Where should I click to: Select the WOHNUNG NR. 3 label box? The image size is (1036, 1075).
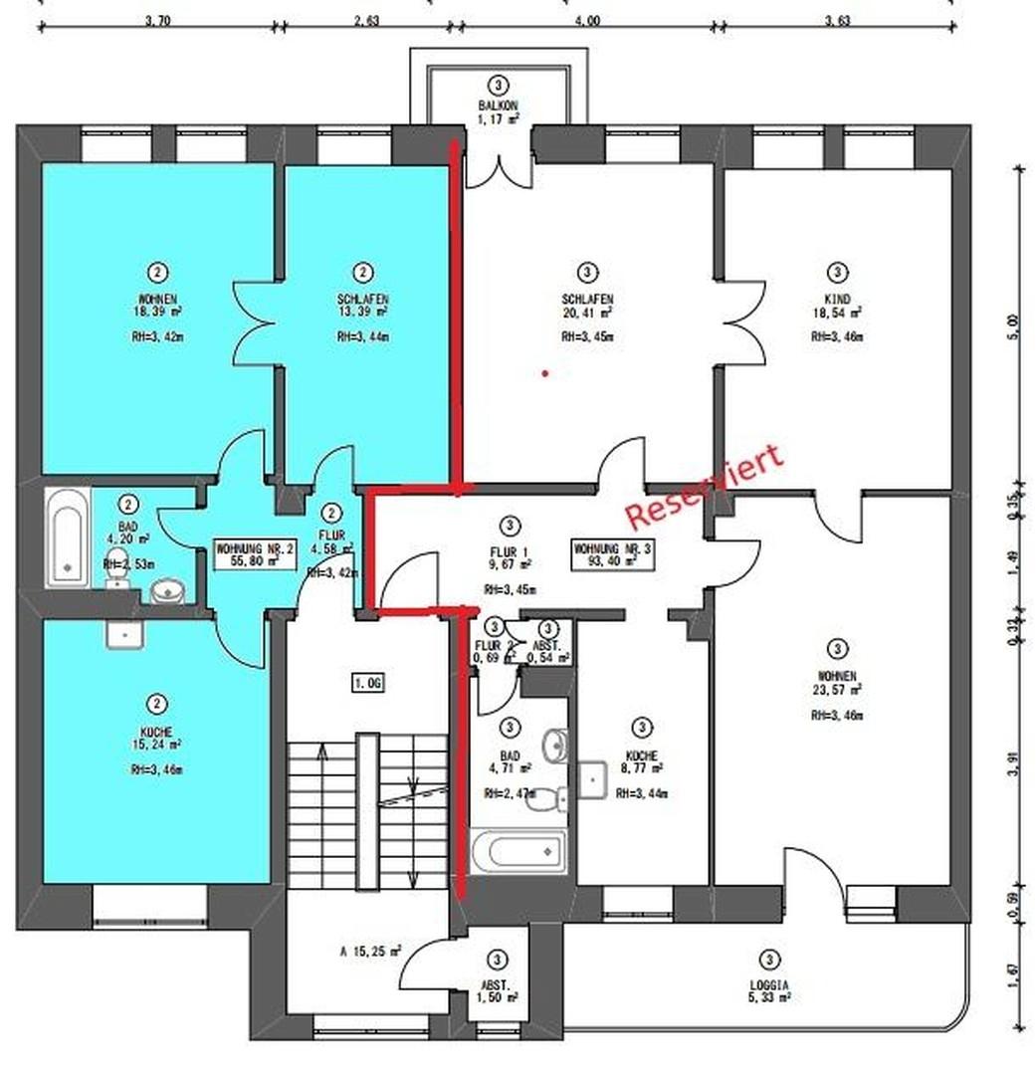[612, 553]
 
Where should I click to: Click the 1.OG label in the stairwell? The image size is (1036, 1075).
[367, 682]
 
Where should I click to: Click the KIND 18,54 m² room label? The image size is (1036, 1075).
[837, 305]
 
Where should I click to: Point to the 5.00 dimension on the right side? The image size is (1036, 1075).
[1014, 326]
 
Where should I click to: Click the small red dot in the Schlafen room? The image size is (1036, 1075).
[544, 374]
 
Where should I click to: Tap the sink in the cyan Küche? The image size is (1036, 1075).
[125, 634]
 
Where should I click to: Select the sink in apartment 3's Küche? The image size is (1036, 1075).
[594, 779]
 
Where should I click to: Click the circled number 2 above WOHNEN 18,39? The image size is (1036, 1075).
[156, 272]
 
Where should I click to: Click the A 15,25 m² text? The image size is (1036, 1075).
[368, 951]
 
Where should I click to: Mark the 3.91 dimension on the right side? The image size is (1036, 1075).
[1014, 763]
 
